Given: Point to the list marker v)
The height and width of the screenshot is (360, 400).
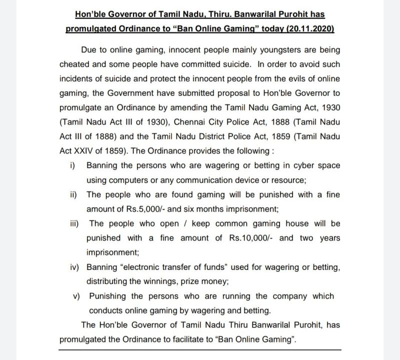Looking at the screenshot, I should [76, 296].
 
